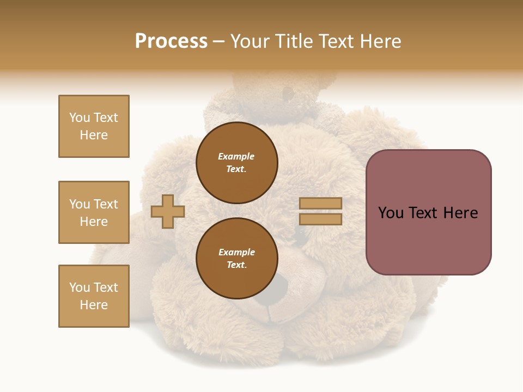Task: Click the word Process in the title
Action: (171, 41)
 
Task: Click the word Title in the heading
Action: (295, 41)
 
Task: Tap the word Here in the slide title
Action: (379, 41)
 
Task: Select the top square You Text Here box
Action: (94, 126)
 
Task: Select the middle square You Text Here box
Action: (94, 212)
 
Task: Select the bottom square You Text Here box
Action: (94, 296)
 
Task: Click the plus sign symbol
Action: (168, 211)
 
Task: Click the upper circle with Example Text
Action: (236, 163)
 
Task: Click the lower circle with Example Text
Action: (236, 259)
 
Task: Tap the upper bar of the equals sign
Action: (321, 203)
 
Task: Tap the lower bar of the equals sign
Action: (321, 219)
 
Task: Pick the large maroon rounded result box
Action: (428, 212)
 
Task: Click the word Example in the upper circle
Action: (236, 156)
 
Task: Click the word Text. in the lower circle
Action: (236, 265)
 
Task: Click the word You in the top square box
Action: (79, 118)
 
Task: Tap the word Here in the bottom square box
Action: (94, 305)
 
